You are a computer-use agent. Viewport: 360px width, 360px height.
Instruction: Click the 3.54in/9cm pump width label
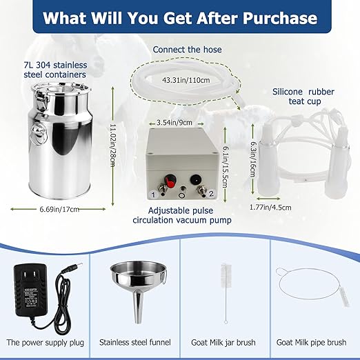[x=174, y=122]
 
